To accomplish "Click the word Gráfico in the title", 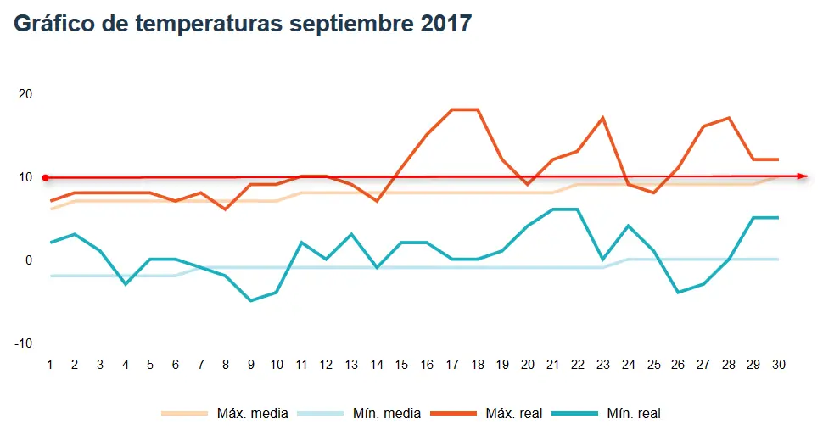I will point(53,24).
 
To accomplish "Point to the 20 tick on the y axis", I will point(25,94).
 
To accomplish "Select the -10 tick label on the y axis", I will point(23,343).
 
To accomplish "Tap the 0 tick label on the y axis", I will point(27,260).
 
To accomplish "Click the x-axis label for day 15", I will point(401,365).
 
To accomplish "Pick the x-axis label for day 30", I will point(778,365).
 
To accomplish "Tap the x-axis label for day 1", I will point(50,365).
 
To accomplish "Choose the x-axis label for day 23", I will point(602,365).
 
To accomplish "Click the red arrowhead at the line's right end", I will point(803,176).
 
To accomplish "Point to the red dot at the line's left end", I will point(46,177).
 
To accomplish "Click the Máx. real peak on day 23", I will point(602,118).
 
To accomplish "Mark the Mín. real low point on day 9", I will point(251,300).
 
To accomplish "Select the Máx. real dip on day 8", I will point(226,209).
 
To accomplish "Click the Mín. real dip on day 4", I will point(126,284).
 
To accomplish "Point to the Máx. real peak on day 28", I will point(728,118).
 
